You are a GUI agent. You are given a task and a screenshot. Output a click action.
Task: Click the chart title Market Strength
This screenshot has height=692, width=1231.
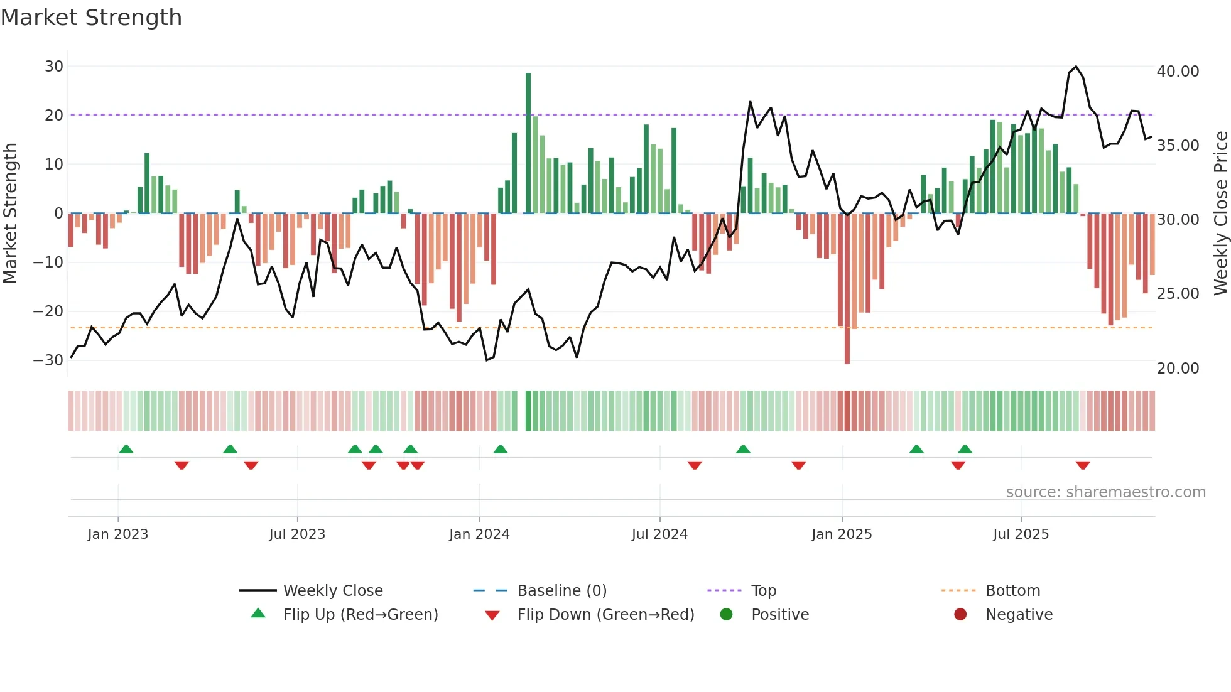(x=92, y=18)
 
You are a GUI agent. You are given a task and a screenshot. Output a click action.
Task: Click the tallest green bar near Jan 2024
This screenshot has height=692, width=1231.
(x=528, y=143)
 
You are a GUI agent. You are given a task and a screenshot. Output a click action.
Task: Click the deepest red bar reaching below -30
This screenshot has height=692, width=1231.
(x=847, y=289)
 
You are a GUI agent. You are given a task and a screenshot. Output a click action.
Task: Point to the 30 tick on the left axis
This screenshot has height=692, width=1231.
(x=54, y=67)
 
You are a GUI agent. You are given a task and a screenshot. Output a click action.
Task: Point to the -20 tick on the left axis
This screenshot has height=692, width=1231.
(x=48, y=311)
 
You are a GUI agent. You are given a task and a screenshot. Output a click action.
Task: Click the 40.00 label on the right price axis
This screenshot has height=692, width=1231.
(x=1178, y=72)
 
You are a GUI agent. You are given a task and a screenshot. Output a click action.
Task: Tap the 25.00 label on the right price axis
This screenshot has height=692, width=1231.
(x=1178, y=294)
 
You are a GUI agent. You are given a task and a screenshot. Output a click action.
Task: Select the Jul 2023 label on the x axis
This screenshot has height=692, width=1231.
(x=297, y=534)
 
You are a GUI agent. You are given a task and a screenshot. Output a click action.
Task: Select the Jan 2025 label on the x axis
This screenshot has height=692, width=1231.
(x=842, y=534)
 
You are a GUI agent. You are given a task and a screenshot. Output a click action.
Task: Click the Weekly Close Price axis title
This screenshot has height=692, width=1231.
(x=1220, y=214)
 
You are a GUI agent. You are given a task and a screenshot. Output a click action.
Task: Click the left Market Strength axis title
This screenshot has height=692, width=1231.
(x=10, y=214)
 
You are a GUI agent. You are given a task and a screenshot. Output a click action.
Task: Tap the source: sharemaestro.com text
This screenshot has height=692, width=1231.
(x=1105, y=492)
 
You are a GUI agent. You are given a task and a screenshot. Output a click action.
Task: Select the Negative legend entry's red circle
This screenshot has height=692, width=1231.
(x=960, y=615)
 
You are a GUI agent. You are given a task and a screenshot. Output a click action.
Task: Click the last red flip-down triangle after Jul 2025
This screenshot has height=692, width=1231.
(x=1083, y=465)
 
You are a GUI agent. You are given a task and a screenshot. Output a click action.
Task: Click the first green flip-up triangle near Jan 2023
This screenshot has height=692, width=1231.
(x=126, y=449)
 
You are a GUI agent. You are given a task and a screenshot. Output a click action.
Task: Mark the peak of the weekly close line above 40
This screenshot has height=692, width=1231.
(x=1076, y=67)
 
